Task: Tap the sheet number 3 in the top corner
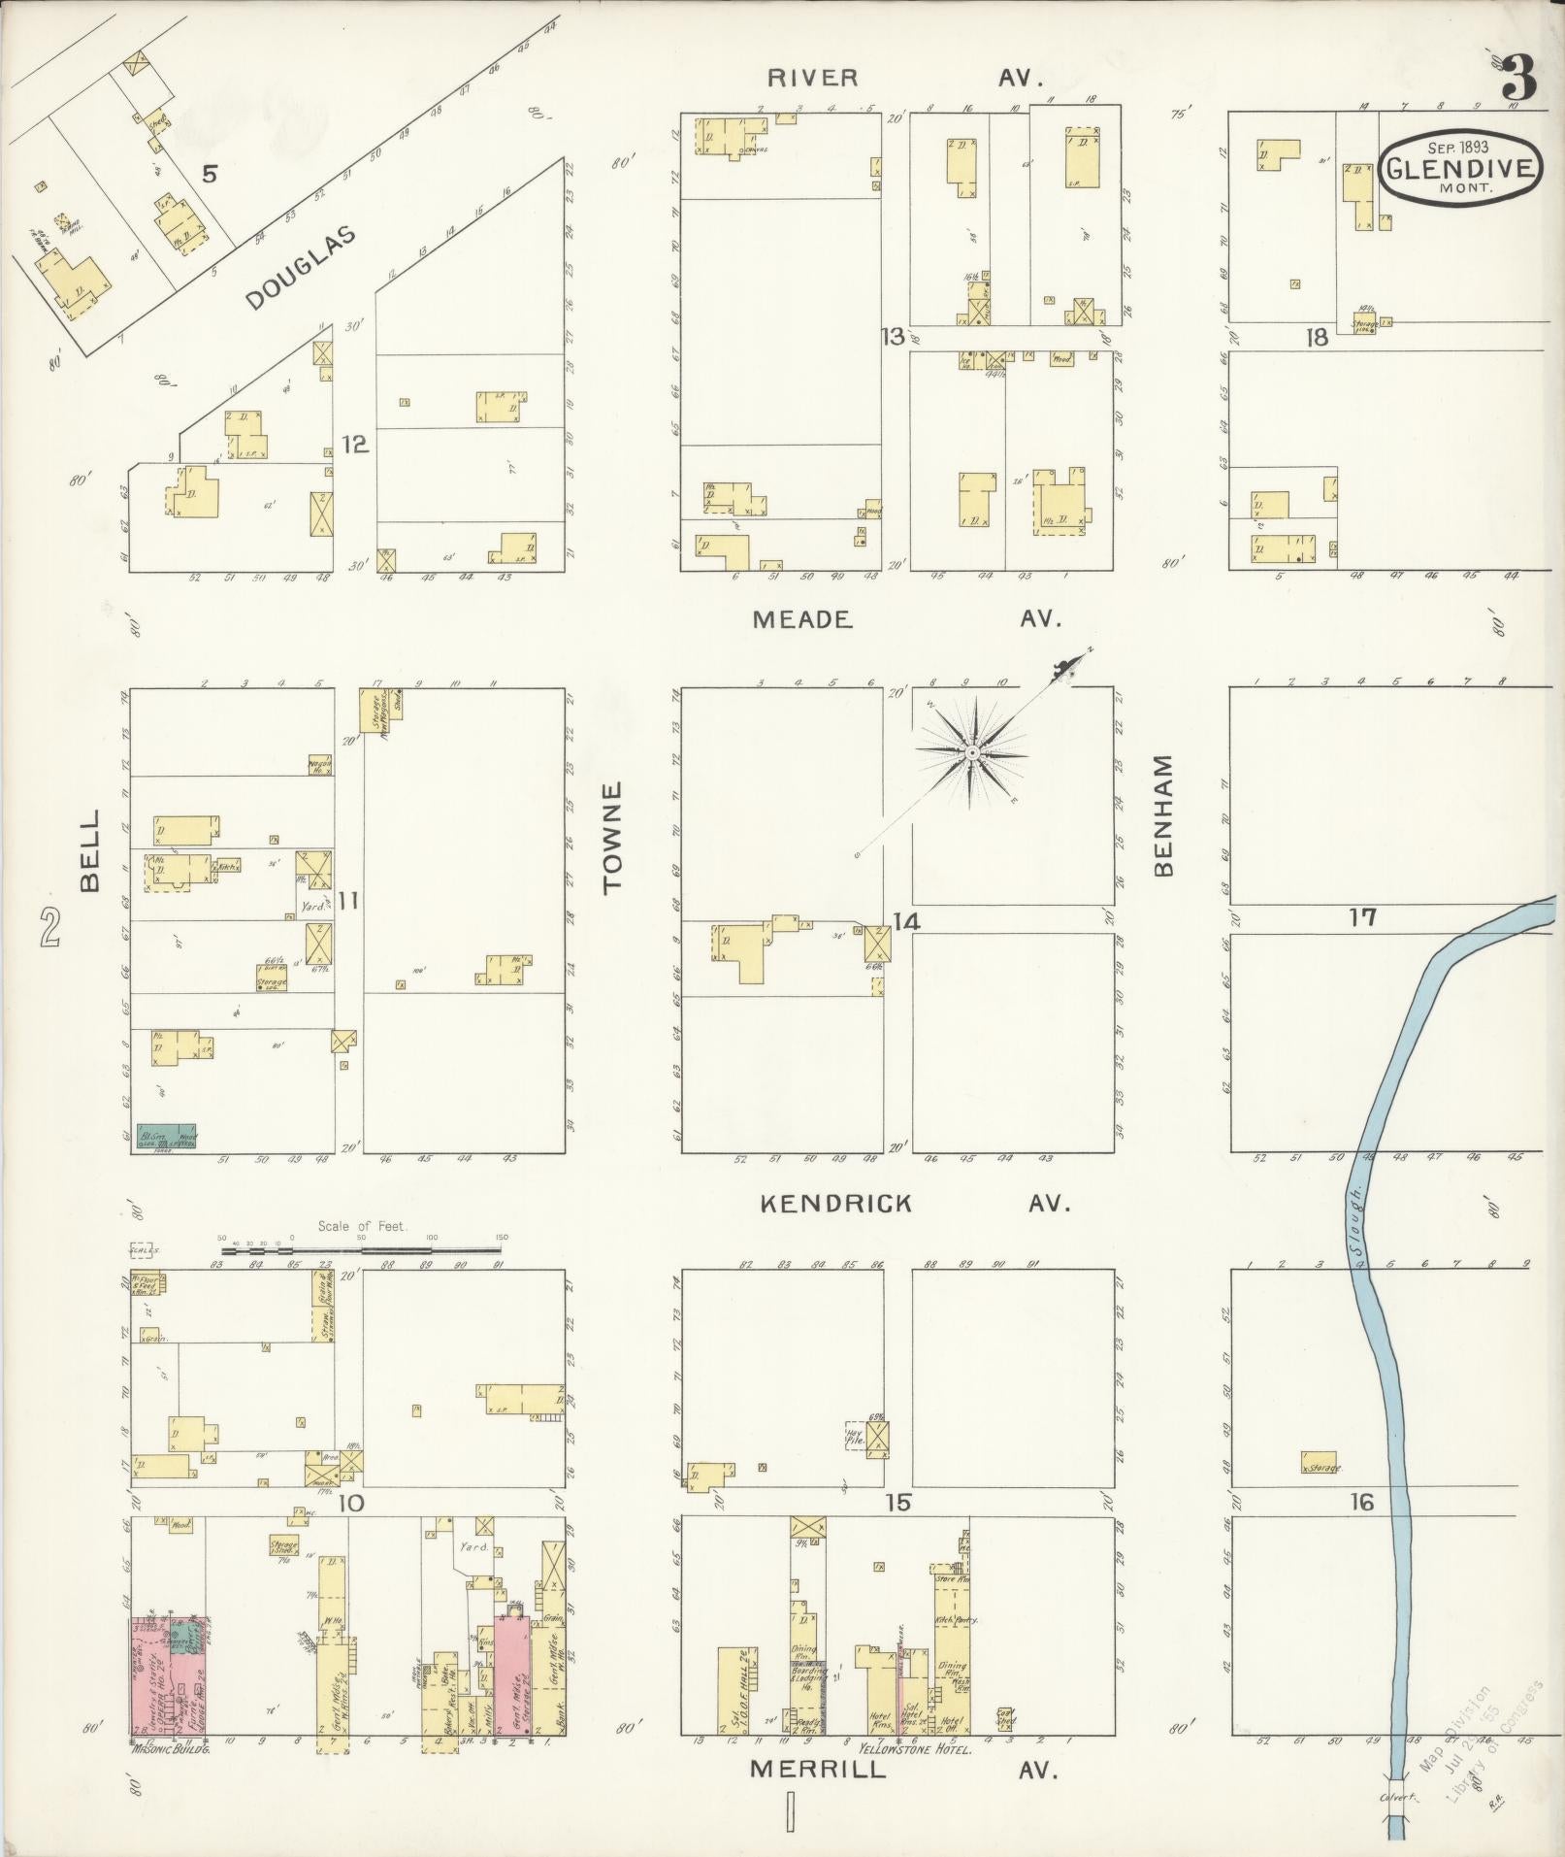[1520, 79]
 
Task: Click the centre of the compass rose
[971, 753]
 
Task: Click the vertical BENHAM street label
[1164, 815]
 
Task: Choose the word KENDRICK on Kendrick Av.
[835, 1204]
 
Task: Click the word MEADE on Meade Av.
[801, 619]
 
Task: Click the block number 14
[906, 921]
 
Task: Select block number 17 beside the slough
[1363, 916]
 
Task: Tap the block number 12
[355, 445]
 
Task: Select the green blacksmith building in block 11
[165, 1138]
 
